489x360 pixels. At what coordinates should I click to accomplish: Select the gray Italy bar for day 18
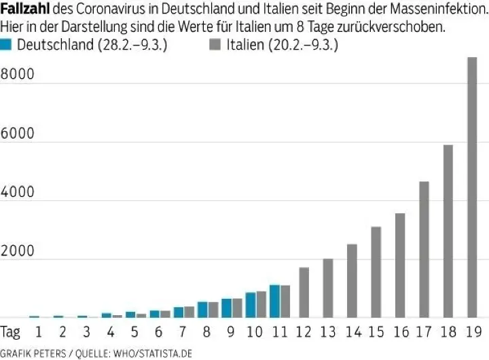[448, 231]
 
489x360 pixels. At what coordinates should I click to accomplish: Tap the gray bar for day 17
[424, 249]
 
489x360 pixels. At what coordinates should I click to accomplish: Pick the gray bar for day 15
[376, 272]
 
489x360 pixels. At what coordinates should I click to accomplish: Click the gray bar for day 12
[304, 292]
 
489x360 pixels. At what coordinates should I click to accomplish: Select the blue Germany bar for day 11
[274, 301]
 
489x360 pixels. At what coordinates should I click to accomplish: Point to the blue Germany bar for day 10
[251, 305]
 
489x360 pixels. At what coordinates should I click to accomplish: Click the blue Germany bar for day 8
[202, 309]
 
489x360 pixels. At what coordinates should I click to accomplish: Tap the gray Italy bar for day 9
[237, 308]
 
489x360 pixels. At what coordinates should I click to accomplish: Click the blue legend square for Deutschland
[7, 45]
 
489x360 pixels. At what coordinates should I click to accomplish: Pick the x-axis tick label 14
[352, 332]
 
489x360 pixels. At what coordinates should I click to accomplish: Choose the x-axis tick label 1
[39, 332]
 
